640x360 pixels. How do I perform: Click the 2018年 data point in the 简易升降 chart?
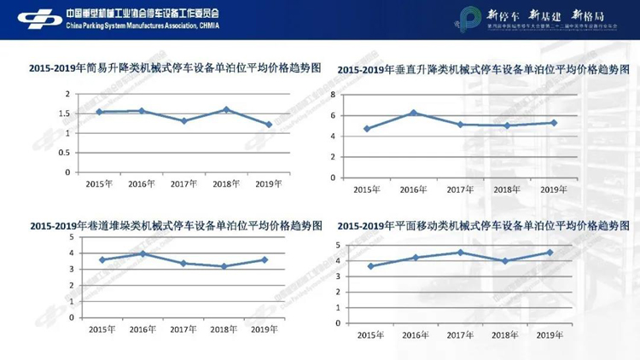tap(225, 109)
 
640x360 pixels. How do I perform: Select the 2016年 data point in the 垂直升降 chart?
tap(413, 113)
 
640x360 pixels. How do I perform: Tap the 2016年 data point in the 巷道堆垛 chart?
tap(143, 253)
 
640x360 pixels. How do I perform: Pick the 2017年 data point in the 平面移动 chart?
tap(460, 253)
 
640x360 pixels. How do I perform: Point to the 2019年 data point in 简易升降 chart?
tap(269, 125)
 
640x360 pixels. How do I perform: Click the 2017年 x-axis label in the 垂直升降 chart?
tap(460, 189)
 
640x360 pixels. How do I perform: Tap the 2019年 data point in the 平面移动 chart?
tap(550, 253)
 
